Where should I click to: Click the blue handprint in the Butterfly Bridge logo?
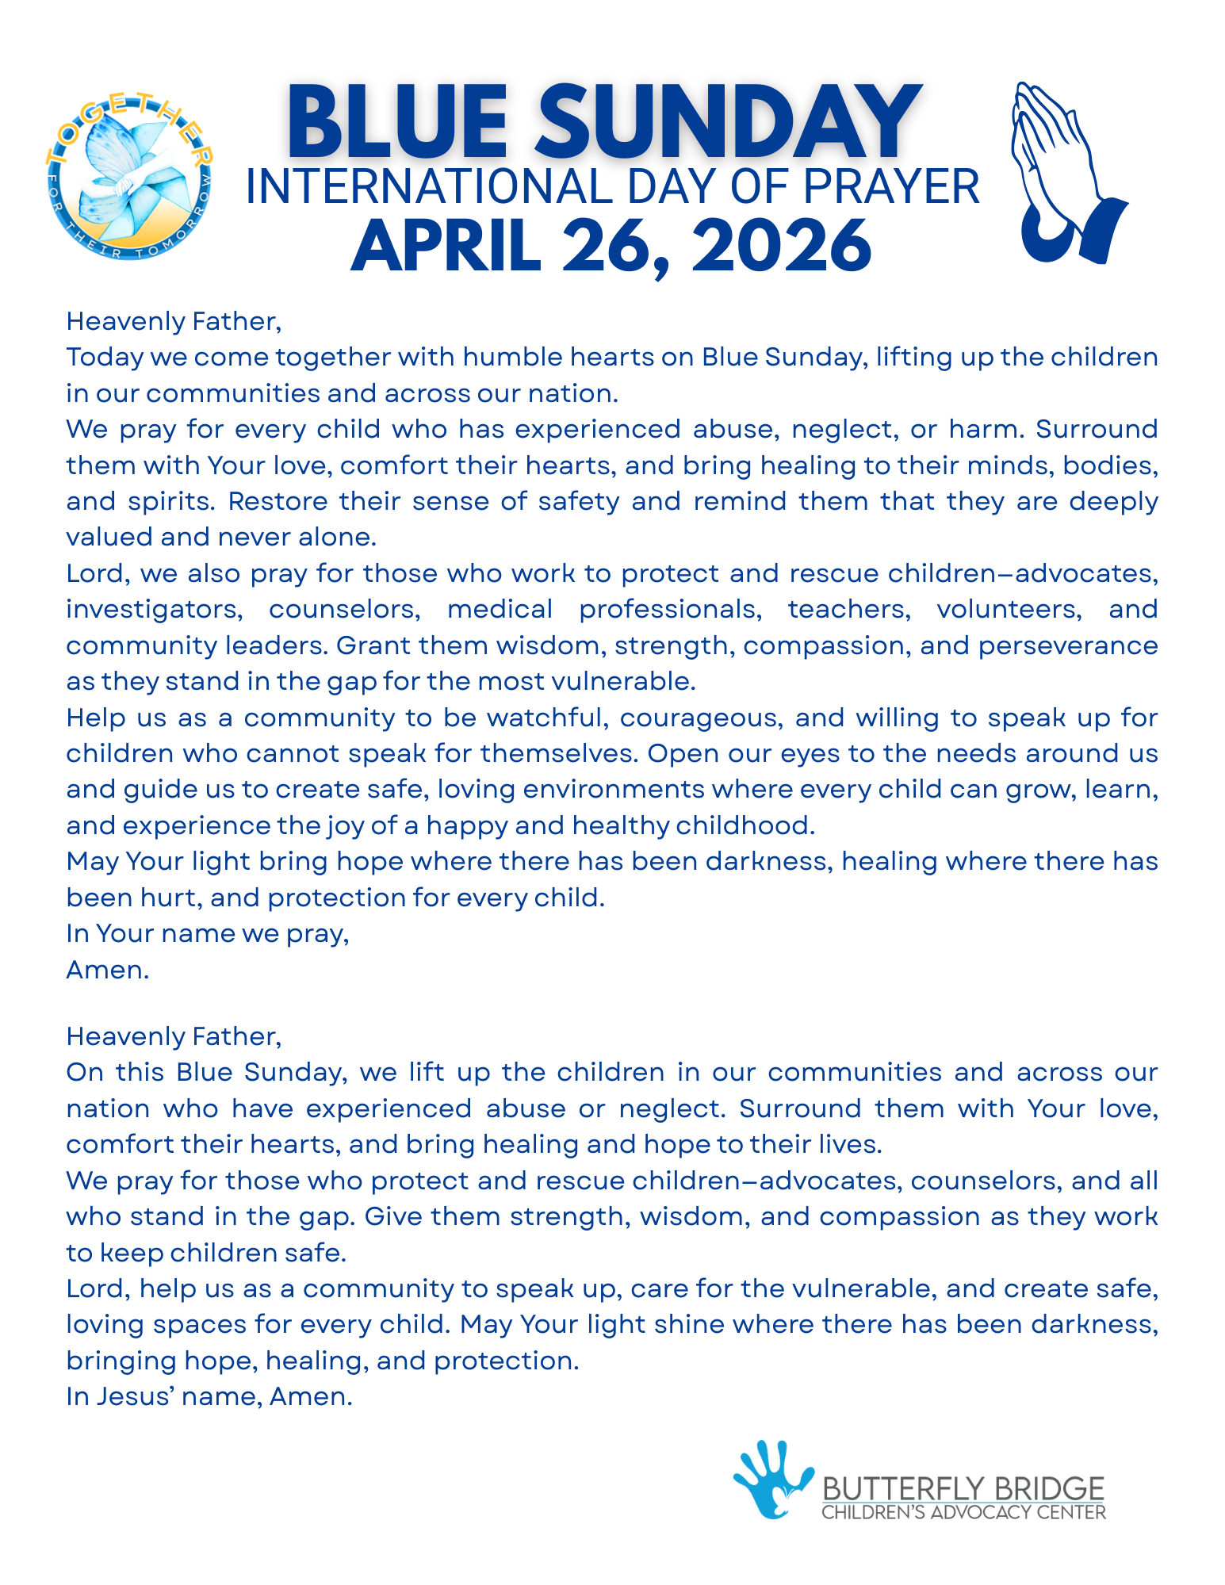771,1480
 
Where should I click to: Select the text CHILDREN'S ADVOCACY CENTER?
963,1512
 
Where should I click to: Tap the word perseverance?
1067,645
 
